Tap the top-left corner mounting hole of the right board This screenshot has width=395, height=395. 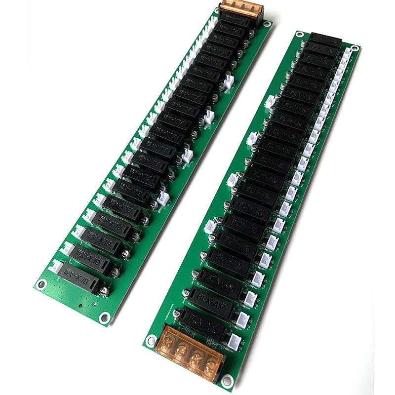click(297, 34)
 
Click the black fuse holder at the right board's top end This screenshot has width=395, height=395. click(325, 39)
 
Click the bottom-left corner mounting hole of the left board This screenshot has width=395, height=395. click(42, 284)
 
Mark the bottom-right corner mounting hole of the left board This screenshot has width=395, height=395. click(104, 317)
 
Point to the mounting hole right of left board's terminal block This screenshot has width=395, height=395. click(267, 24)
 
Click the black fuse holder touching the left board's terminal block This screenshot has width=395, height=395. click(236, 22)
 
